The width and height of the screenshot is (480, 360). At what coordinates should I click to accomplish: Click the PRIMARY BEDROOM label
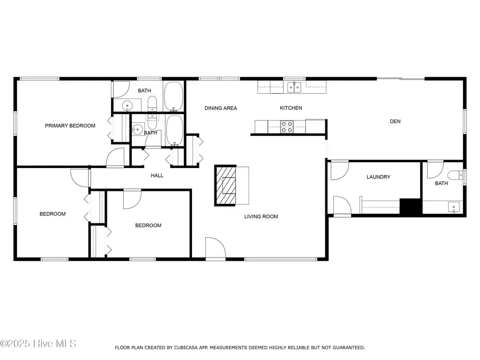coord(70,126)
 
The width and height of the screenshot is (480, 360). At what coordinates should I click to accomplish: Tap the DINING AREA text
coord(221,108)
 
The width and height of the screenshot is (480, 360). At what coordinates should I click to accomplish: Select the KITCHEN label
coord(291,108)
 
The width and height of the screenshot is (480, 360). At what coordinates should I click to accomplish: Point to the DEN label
coord(395,122)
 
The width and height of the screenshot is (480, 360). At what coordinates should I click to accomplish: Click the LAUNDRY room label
coord(379,177)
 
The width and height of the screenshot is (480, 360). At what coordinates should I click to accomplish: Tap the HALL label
coord(157,175)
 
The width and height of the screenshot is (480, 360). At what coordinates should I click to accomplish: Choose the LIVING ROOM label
coord(261,217)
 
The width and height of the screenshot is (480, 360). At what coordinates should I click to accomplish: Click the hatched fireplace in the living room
coord(226,185)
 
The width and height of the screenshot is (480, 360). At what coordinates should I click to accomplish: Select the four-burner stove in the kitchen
coord(287,126)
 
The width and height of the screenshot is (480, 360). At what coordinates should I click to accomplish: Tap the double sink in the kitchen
coord(293,86)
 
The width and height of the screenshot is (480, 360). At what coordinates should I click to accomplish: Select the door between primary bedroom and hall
coord(116,159)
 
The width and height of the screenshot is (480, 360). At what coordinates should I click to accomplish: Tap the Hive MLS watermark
coord(38,343)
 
